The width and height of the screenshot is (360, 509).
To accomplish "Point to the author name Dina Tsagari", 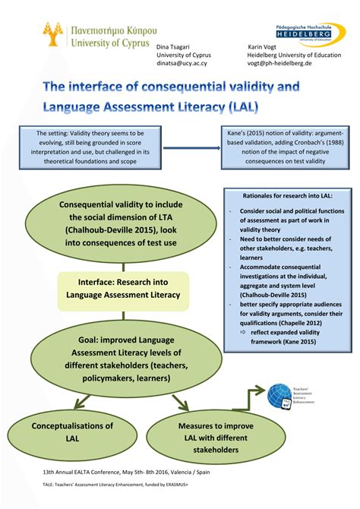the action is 174,46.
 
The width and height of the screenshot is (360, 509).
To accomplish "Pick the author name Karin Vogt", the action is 263,46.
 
